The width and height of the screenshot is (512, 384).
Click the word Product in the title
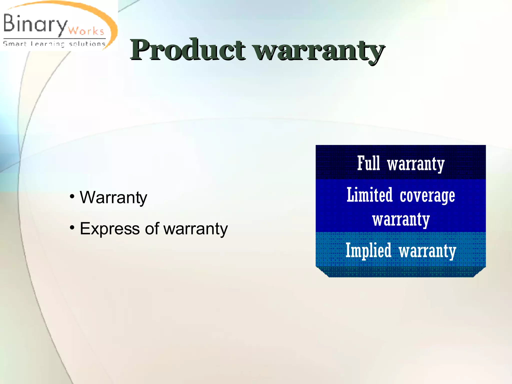pyautogui.click(x=187, y=50)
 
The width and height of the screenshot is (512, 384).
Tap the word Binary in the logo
pyautogui.click(x=35, y=24)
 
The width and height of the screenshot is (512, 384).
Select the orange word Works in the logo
pyautogui.click(x=86, y=31)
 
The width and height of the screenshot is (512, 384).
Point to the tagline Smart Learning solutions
pyautogui.click(x=54, y=44)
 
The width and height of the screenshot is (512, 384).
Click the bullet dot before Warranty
pyautogui.click(x=72, y=196)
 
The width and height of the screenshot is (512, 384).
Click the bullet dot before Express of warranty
pyautogui.click(x=72, y=227)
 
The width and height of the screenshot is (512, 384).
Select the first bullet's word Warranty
pyautogui.click(x=113, y=197)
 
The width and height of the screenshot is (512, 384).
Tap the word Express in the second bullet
pyautogui.click(x=110, y=229)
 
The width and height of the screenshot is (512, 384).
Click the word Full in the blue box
pyautogui.click(x=368, y=163)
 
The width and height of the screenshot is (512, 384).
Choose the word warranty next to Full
pyautogui.click(x=416, y=164)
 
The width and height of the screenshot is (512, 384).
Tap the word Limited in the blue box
pyautogui.click(x=369, y=195)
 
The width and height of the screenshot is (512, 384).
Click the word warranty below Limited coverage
pyautogui.click(x=401, y=220)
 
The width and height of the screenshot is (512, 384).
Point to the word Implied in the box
pyautogui.click(x=368, y=250)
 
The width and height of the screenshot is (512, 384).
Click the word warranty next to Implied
pyautogui.click(x=427, y=251)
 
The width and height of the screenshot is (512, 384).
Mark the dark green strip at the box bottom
pyautogui.click(x=401, y=272)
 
